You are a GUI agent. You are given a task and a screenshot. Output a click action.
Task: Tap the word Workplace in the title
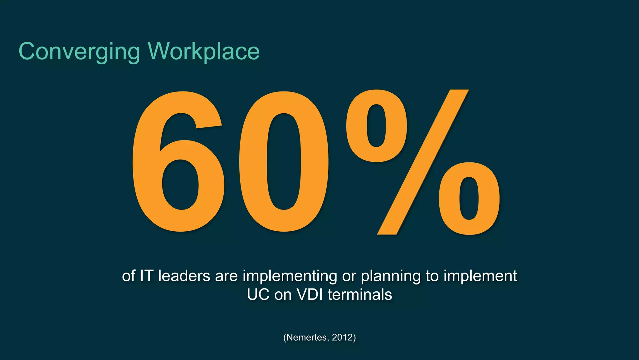coord(204,52)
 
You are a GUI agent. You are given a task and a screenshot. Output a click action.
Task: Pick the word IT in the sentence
coord(146,276)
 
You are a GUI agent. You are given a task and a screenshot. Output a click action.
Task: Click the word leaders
coord(184,276)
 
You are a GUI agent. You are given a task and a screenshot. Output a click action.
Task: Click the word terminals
coord(360,295)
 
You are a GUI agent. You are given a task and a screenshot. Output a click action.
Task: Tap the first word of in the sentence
coord(128,276)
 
